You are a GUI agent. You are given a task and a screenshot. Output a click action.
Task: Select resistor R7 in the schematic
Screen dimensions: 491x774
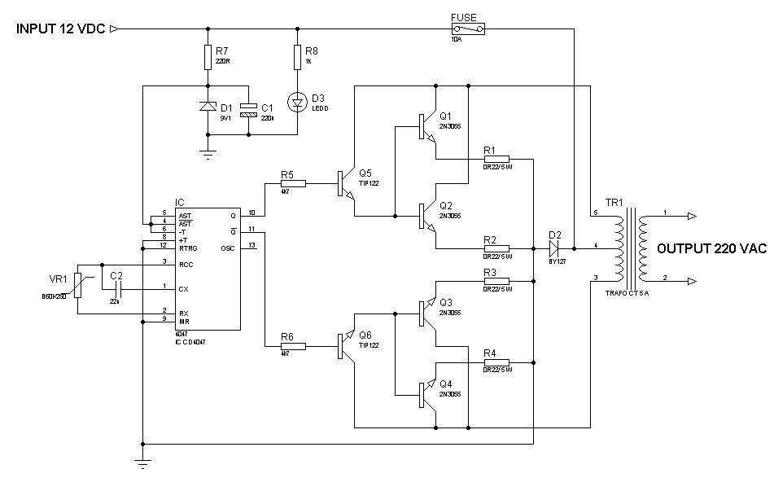point(208,58)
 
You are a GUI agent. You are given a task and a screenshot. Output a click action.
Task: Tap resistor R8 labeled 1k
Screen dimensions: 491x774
point(297,58)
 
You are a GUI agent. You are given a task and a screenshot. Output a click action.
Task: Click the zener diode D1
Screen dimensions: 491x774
point(208,107)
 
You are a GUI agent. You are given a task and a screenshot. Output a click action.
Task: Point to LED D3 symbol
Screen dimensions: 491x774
point(297,102)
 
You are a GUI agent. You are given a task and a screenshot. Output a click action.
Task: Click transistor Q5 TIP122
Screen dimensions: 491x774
point(346,184)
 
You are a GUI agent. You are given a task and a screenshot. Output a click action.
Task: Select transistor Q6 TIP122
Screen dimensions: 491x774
point(346,346)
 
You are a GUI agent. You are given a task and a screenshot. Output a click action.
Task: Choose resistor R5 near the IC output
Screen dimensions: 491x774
point(292,184)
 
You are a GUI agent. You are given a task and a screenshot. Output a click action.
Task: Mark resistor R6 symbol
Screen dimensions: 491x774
point(292,346)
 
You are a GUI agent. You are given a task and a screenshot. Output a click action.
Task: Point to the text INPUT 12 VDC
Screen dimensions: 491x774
point(60,29)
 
